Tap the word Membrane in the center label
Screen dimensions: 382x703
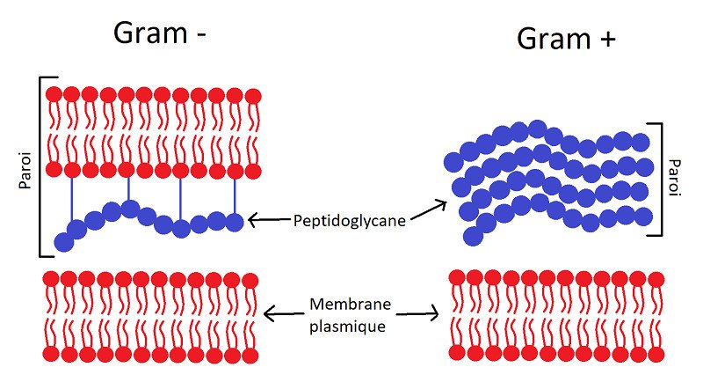[349, 305]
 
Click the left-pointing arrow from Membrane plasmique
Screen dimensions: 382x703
[283, 312]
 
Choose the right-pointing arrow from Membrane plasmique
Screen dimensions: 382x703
[417, 312]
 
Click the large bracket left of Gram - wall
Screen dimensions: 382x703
[40, 167]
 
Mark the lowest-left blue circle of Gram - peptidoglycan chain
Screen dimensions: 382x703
[63, 241]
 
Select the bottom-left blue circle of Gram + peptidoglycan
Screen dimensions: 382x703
[474, 235]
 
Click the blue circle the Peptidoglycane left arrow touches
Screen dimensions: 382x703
[234, 222]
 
